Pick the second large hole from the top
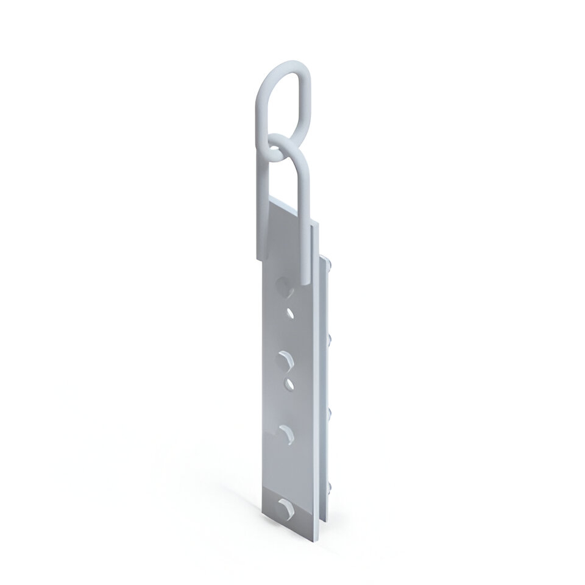pos(285,359)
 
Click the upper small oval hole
pos(291,314)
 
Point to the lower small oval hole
pos(291,383)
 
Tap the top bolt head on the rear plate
pos(330,264)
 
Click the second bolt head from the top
pos(330,336)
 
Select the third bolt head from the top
pos(330,412)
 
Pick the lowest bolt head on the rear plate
pos(330,485)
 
